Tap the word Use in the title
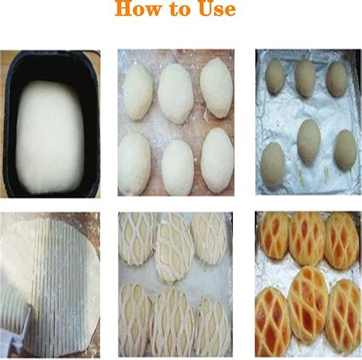pos(214,10)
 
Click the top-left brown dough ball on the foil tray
pos(274,76)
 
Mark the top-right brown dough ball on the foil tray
pos(336,78)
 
